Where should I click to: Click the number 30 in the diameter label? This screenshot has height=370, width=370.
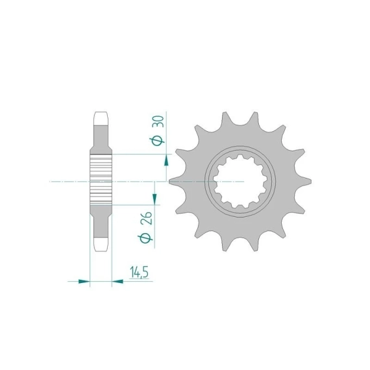tap(159, 121)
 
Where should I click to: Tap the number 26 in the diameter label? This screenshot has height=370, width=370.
tap(147, 218)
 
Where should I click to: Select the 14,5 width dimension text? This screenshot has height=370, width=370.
tap(139, 273)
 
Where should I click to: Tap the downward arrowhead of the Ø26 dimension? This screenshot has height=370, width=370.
tap(154, 199)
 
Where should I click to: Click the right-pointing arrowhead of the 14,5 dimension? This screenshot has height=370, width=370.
tap(84, 281)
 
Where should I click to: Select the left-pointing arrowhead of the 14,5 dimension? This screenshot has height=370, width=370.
tap(117, 281)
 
